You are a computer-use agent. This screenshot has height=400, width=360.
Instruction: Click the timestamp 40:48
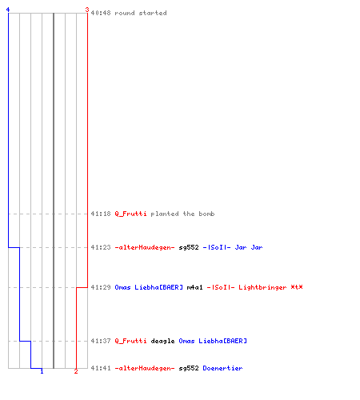click(x=101, y=13)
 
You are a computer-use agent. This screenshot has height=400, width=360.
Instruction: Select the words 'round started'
click(x=141, y=13)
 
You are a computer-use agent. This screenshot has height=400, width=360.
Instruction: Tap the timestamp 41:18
click(x=101, y=214)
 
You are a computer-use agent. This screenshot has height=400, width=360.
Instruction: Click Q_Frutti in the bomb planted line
click(x=130, y=214)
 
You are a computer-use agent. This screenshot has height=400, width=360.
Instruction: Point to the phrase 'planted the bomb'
click(x=182, y=214)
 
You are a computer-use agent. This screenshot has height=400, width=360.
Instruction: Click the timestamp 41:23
click(x=101, y=247)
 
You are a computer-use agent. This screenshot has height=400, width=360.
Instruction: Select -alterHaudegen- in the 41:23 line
click(x=145, y=247)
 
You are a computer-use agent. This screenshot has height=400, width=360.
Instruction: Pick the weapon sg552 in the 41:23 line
click(x=189, y=247)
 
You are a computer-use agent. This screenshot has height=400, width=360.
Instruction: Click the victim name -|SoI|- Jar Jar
click(x=233, y=247)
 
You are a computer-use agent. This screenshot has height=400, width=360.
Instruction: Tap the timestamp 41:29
click(x=101, y=287)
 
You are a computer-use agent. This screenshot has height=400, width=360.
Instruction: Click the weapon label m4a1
click(x=194, y=287)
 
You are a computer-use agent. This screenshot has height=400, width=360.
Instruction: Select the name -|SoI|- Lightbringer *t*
click(x=254, y=287)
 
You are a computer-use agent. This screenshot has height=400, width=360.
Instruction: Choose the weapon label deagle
click(x=162, y=341)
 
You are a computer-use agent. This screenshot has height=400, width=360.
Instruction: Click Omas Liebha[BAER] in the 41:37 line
click(x=213, y=341)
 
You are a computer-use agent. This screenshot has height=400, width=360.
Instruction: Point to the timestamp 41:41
click(x=101, y=368)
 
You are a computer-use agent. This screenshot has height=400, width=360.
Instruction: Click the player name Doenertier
click(x=222, y=368)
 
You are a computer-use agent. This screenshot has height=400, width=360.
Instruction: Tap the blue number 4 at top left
click(x=8, y=10)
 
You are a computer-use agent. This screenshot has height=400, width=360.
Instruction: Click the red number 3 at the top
click(x=87, y=10)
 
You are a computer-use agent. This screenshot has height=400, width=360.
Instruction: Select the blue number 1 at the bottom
click(x=42, y=371)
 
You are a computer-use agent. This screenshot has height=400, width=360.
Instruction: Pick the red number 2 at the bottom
click(x=76, y=371)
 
